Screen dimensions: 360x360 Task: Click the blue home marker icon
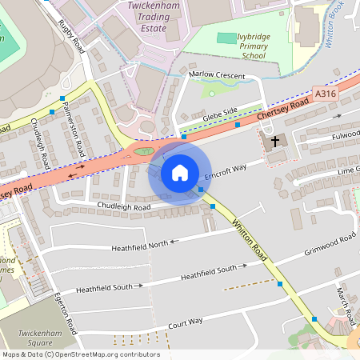tap(179, 173)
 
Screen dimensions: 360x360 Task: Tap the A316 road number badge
tap(326, 94)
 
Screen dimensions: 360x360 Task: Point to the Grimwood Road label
tap(330, 246)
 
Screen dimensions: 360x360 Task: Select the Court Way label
tap(186, 322)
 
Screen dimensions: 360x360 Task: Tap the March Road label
tap(345, 300)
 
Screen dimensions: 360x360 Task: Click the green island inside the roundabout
tap(143, 150)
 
